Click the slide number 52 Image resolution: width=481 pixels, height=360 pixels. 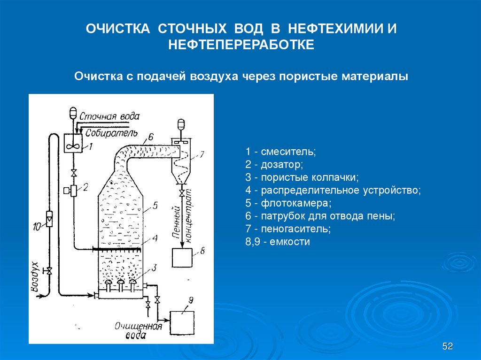447,346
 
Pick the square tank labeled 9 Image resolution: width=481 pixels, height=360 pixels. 182,322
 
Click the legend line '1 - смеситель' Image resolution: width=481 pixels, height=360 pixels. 280,152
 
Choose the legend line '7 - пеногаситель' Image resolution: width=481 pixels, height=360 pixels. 287,229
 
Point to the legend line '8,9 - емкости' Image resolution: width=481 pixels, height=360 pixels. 277,242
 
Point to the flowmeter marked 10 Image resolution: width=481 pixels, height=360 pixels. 50,220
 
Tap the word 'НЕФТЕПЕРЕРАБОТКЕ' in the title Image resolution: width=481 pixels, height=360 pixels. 240,46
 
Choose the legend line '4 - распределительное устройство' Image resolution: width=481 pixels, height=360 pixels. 333,191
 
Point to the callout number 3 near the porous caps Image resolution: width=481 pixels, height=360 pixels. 153,268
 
